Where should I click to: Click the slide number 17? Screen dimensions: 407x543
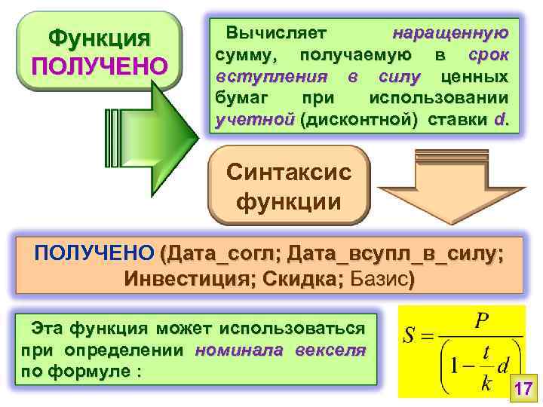523,390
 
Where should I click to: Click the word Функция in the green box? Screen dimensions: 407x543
99,38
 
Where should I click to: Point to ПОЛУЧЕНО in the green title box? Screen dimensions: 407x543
99,66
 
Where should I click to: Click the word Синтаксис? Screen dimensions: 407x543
289,172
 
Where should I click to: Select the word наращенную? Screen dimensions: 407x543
451,34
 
